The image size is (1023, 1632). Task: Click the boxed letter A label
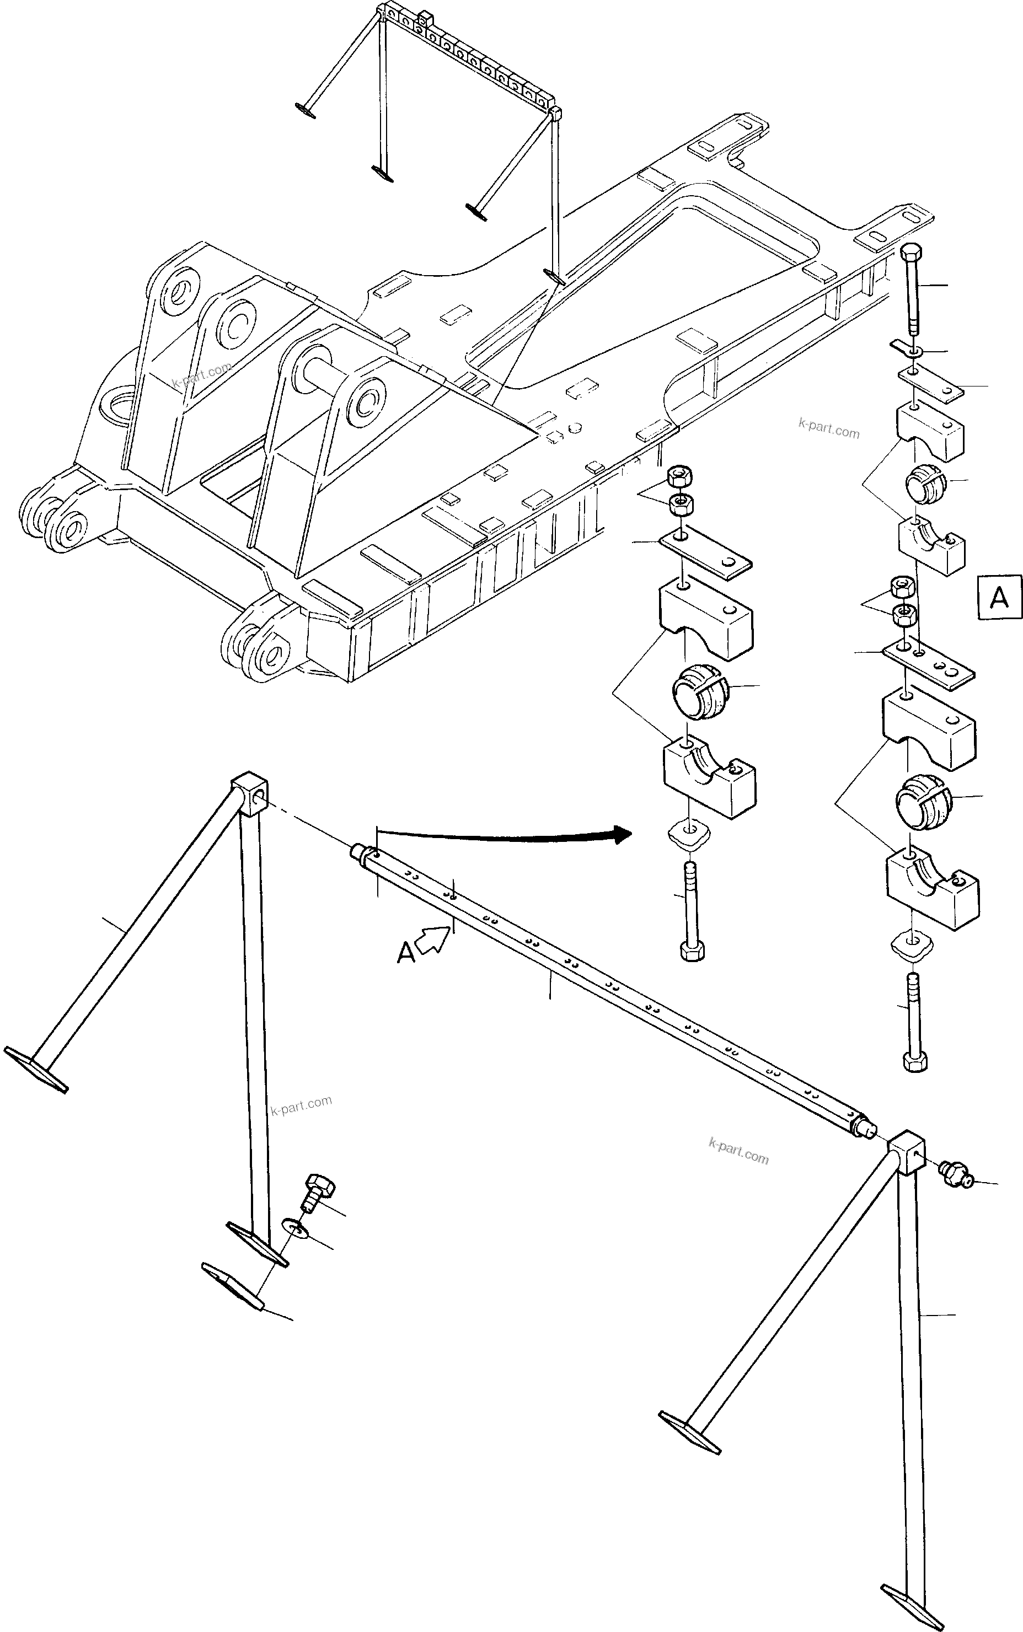(999, 597)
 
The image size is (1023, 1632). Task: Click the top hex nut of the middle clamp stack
(679, 477)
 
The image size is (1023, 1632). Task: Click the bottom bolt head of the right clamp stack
(915, 1060)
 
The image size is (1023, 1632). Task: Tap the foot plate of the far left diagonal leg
(36, 1069)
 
